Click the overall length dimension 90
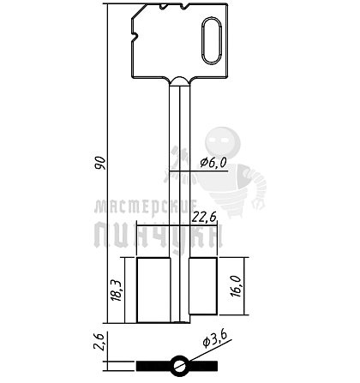tap(100, 163)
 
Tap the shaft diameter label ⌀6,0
tap(213, 163)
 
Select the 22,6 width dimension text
tap(204, 217)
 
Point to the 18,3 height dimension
tap(117, 290)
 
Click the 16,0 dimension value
tap(237, 286)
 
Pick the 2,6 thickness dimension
tap(99, 341)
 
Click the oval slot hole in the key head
tap(212, 40)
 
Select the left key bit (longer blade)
tap(153, 290)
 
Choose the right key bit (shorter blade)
tap(202, 286)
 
